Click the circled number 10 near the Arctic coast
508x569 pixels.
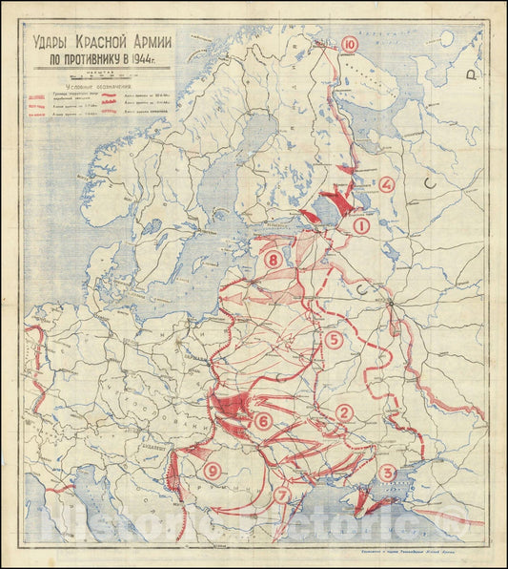350,44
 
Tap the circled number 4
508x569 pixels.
386,185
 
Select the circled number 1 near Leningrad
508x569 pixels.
361,226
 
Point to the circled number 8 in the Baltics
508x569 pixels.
274,260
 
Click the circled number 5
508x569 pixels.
333,339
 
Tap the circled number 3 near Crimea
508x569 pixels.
387,473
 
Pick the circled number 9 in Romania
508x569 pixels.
212,470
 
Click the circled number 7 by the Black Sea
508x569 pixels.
282,495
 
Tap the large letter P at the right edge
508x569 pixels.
469,74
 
